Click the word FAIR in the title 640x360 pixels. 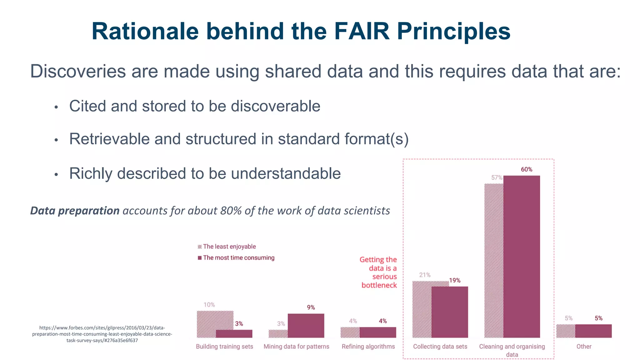point(362,32)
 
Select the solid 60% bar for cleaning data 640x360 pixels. point(522,256)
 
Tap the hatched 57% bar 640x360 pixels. point(494,259)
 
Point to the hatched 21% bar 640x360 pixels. point(422,309)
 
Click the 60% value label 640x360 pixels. point(527,169)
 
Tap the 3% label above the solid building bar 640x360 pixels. point(239,324)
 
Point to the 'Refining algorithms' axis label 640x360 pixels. point(368,346)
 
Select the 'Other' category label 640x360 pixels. point(584,346)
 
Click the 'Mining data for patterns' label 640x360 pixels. point(296,346)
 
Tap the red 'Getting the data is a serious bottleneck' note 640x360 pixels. point(379,272)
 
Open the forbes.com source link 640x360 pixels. point(102,334)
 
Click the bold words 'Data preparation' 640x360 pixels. point(75,211)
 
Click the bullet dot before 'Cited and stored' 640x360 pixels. point(56,107)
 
